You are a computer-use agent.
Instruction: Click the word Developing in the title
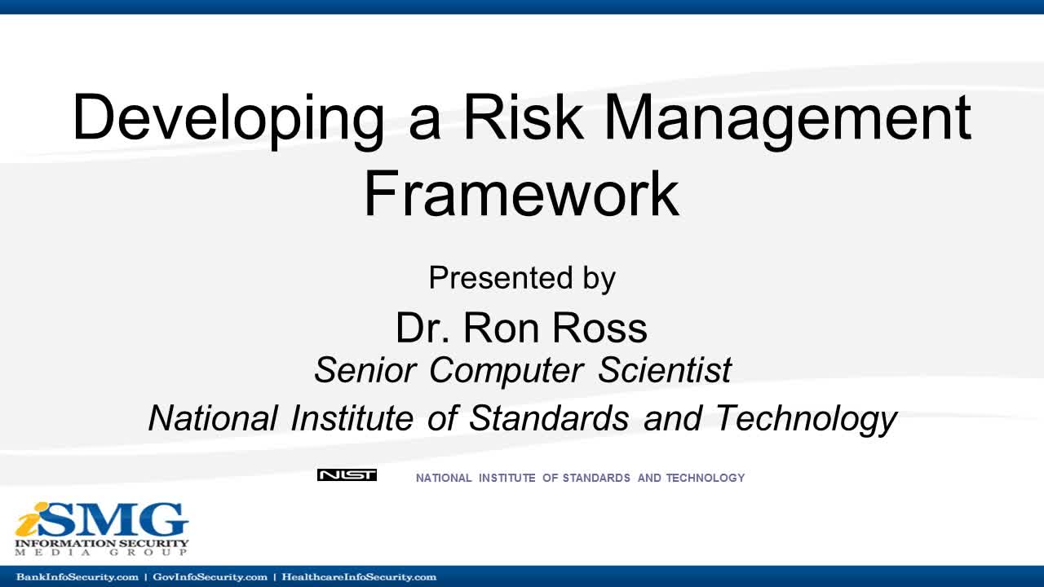[228, 120]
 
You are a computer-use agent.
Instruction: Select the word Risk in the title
[523, 116]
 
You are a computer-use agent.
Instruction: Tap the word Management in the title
[788, 120]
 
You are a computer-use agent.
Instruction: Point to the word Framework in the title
[521, 194]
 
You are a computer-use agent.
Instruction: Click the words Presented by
[522, 279]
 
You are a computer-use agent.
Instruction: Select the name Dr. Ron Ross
[521, 328]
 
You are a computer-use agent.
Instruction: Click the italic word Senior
[365, 370]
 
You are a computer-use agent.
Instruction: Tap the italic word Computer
[507, 372]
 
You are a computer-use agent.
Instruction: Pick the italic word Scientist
[665, 370]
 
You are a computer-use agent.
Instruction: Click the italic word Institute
[352, 417]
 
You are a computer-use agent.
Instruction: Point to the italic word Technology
[806, 419]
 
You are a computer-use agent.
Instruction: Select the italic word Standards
[549, 417]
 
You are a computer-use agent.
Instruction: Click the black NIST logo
[347, 475]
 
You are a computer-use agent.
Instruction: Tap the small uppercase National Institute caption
[580, 478]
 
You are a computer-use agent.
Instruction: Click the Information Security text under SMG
[102, 543]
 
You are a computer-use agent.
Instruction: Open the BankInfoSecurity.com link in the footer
[77, 577]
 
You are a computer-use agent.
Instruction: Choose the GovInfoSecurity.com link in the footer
[210, 577]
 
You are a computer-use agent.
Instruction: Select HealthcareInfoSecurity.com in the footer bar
[359, 577]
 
